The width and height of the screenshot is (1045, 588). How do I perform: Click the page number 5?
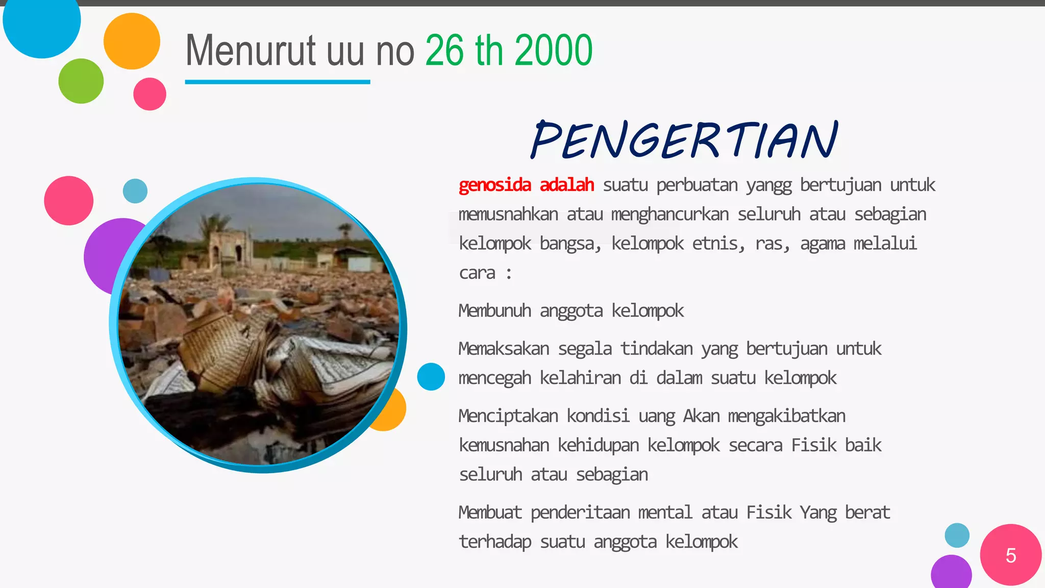(1010, 555)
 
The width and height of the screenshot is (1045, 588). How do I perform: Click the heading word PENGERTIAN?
(684, 139)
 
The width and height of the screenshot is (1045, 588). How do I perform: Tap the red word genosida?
(494, 185)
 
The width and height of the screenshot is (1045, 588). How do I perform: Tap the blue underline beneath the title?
(277, 82)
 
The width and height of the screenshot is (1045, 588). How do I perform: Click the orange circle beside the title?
(132, 41)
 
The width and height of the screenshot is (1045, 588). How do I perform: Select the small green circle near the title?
(81, 81)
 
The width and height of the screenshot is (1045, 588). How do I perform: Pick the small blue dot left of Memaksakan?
(431, 377)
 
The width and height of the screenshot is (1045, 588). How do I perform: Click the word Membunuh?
(494, 310)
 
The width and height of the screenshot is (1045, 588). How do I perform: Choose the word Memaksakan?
(504, 349)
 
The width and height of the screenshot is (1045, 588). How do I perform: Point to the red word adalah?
(567, 185)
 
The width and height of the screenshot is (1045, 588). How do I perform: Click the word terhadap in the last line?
(494, 542)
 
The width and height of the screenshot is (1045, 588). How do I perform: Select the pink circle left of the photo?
(68, 201)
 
